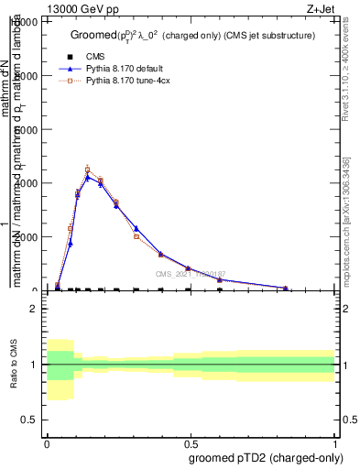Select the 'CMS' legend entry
pos(95,56)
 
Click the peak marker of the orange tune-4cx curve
pos(88,169)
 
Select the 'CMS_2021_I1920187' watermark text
pos(190,274)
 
